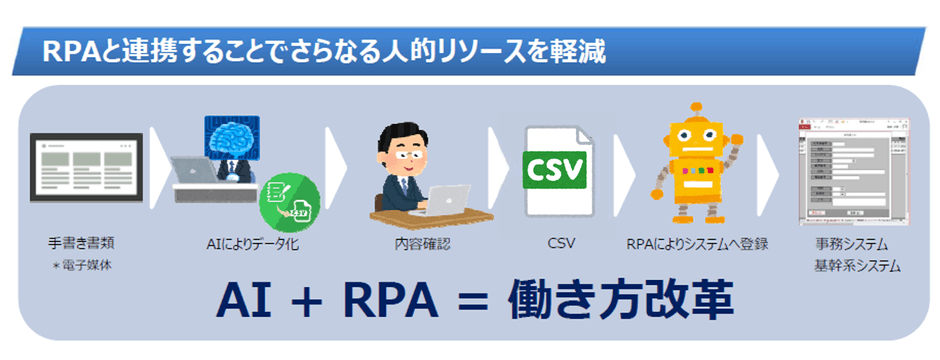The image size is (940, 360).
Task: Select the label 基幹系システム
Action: pos(858,266)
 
